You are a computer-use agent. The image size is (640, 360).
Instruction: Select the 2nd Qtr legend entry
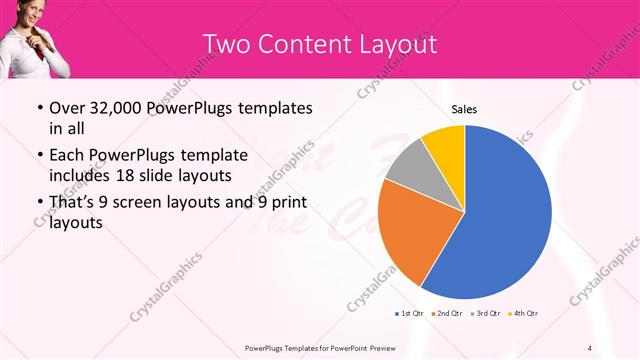click(445, 313)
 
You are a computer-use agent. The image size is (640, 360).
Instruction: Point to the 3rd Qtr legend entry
click(486, 313)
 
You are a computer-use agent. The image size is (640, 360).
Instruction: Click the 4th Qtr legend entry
click(524, 313)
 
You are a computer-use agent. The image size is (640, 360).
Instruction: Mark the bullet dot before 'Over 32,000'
click(38, 109)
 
